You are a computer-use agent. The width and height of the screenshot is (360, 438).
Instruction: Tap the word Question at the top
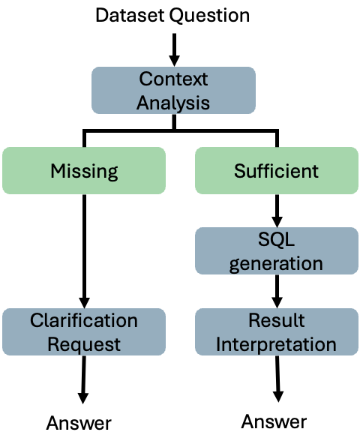tap(210, 16)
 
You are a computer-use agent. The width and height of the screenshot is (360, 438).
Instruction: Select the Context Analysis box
tap(173, 90)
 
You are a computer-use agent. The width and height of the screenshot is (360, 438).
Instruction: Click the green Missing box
tap(84, 170)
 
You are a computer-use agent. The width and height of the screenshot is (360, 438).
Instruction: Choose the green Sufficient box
tap(277, 170)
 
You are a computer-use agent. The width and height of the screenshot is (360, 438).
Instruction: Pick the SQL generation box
tap(277, 250)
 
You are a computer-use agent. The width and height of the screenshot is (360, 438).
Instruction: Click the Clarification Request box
tap(84, 331)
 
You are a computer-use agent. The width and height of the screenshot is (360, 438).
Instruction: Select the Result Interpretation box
tap(277, 331)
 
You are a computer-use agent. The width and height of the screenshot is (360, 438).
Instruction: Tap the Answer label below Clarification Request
tap(79, 423)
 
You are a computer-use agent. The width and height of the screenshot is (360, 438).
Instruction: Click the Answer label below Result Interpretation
tap(274, 421)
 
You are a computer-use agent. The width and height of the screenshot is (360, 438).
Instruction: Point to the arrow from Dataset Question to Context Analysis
tap(174, 49)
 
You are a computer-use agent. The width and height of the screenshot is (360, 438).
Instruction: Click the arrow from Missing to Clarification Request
tap(84, 251)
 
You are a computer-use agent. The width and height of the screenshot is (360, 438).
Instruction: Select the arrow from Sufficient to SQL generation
tap(277, 211)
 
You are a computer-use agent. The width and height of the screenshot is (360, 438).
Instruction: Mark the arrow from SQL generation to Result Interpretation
tap(277, 291)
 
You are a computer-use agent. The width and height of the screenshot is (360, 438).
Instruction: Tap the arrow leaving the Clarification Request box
tap(83, 379)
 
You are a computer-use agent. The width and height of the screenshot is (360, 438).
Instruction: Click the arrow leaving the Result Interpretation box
tap(277, 379)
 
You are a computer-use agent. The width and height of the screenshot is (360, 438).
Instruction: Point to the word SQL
tap(276, 239)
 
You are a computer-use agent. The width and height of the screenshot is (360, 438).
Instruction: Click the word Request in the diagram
tap(84, 344)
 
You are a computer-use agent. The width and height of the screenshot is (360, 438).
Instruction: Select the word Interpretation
tap(276, 344)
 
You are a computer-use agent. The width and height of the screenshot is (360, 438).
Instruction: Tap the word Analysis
tap(173, 103)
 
